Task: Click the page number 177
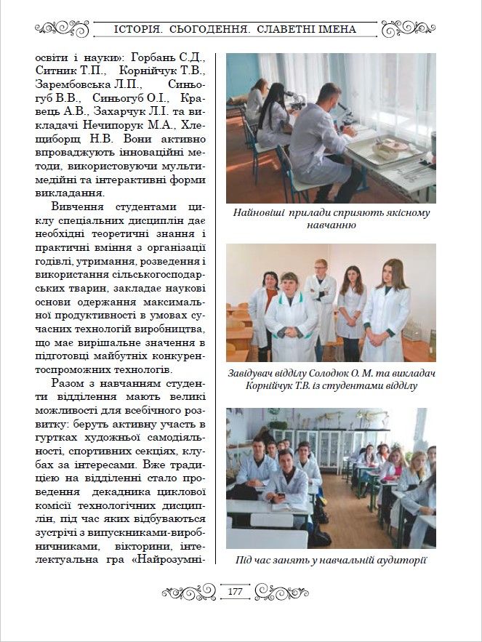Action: tap(235, 592)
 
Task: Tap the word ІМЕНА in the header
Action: tap(336, 30)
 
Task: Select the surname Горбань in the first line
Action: tap(157, 57)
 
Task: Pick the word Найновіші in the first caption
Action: tap(258, 213)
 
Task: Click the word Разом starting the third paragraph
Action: tap(71, 382)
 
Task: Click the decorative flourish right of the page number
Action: tap(279, 592)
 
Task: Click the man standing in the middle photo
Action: tap(321, 298)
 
